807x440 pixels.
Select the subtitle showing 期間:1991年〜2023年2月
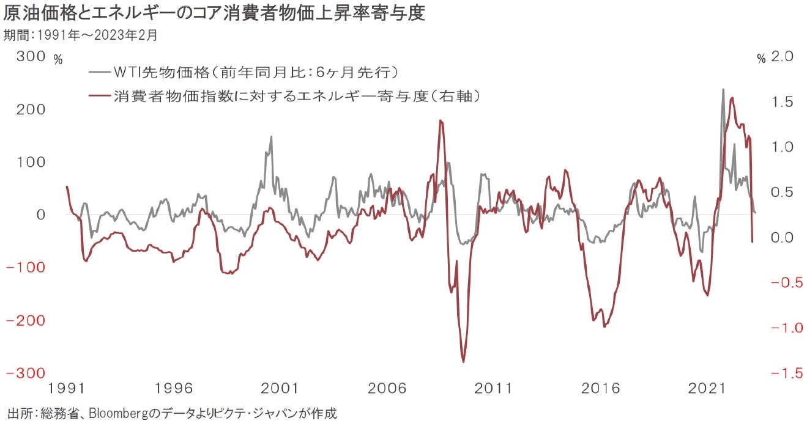click(x=80, y=35)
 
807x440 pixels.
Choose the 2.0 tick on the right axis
click(x=782, y=57)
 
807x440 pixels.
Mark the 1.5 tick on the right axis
click(x=782, y=102)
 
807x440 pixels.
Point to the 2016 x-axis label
click(x=601, y=389)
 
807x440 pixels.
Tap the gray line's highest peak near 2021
click(x=723, y=89)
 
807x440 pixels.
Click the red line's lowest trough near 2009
click(x=463, y=361)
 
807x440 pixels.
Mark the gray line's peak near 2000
click(x=271, y=137)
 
